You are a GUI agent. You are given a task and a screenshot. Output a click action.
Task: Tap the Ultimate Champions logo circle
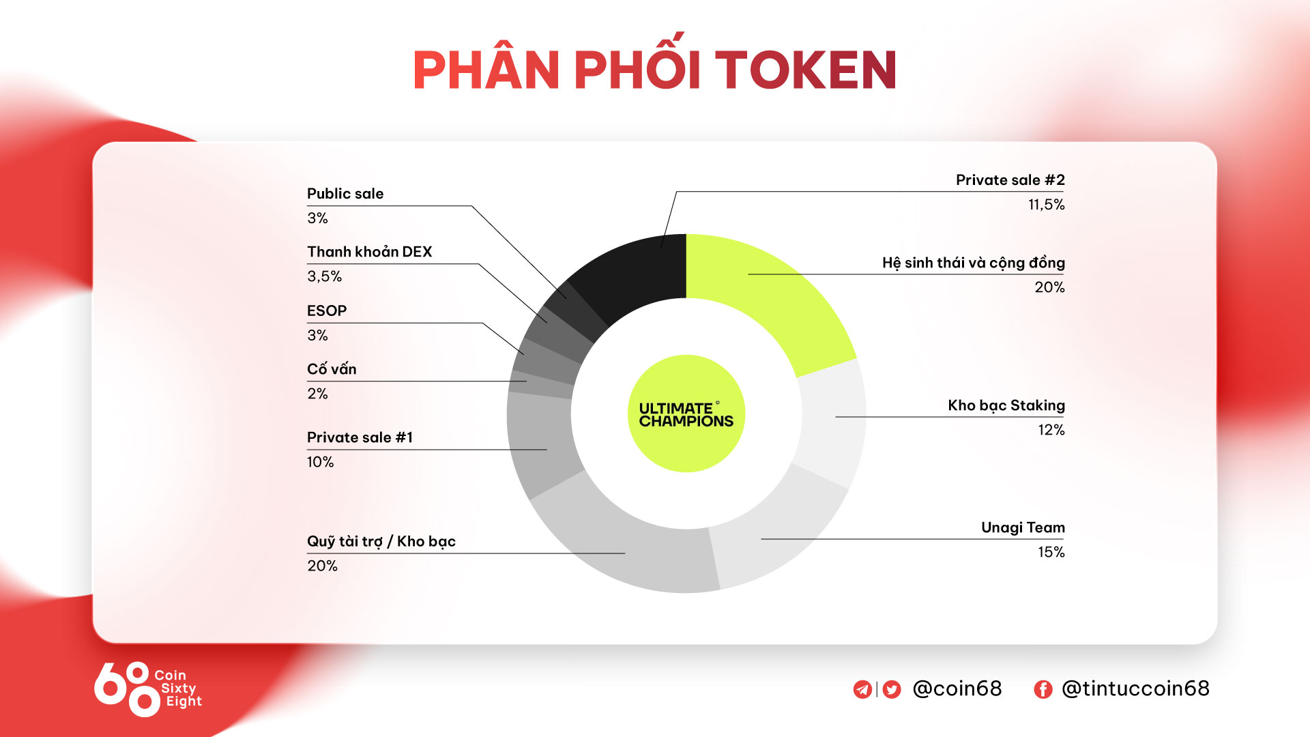click(x=686, y=414)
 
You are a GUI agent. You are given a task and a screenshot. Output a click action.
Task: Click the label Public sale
click(x=345, y=194)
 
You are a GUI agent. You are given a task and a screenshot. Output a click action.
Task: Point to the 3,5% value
click(x=324, y=276)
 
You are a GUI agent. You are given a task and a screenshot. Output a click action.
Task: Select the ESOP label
click(x=327, y=310)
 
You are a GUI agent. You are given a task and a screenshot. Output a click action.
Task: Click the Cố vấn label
click(x=332, y=369)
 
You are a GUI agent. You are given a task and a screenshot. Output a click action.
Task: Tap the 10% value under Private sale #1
click(x=320, y=462)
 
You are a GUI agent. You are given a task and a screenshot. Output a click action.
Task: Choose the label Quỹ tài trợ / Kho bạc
click(x=381, y=541)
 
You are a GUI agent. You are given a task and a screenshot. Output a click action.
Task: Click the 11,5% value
click(x=1047, y=205)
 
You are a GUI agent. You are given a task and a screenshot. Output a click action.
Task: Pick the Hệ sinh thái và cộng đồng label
click(x=974, y=263)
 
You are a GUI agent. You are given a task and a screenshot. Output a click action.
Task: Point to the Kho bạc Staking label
click(x=1006, y=405)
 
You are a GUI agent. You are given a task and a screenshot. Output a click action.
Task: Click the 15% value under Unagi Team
click(x=1051, y=552)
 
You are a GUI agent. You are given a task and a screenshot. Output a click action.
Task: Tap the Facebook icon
click(x=1043, y=689)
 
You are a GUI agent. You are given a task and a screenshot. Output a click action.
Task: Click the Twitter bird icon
click(x=892, y=689)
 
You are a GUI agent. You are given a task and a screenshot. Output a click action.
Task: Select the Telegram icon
click(x=862, y=689)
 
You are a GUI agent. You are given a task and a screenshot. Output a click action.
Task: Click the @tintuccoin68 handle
click(x=1135, y=689)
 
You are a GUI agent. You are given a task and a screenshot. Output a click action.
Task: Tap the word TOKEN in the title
click(x=805, y=70)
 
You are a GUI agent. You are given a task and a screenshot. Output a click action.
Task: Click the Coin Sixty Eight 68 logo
click(x=148, y=689)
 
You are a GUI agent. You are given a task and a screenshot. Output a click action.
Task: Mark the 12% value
click(x=1051, y=430)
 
